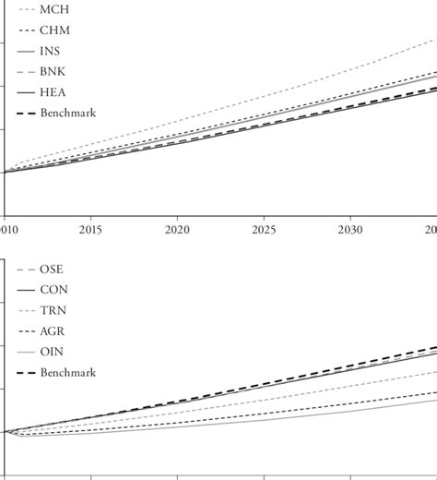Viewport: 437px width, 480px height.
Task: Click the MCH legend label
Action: click(53, 10)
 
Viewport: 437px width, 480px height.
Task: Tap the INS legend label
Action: click(52, 51)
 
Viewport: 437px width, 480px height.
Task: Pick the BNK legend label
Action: click(53, 71)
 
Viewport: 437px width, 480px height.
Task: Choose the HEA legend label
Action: click(53, 91)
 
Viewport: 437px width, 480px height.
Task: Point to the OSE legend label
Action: click(52, 270)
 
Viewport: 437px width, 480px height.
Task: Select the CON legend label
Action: click(53, 290)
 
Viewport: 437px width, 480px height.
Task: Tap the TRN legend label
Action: click(53, 311)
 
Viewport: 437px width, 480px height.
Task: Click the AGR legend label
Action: click(53, 331)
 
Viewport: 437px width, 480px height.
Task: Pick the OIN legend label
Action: click(52, 352)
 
